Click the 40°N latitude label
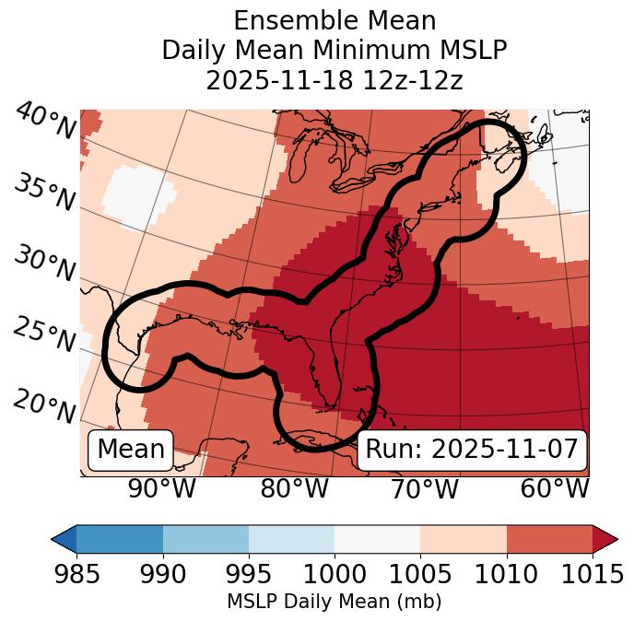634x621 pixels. [x=45, y=122]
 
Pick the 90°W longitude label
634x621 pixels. [x=162, y=489]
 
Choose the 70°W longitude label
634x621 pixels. [x=425, y=489]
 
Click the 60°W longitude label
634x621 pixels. [x=555, y=489]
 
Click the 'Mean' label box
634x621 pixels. [x=131, y=450]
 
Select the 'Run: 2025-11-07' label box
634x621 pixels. [x=472, y=450]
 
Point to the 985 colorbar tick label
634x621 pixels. [x=77, y=575]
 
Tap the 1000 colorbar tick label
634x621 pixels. [x=335, y=575]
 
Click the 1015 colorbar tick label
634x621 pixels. [x=592, y=575]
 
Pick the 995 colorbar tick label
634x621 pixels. [x=249, y=575]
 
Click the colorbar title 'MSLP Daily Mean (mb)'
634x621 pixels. [x=334, y=603]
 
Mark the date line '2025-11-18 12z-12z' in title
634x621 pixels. [x=335, y=80]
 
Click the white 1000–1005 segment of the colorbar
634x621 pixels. [x=377, y=538]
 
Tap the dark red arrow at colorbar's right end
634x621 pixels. [x=605, y=538]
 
